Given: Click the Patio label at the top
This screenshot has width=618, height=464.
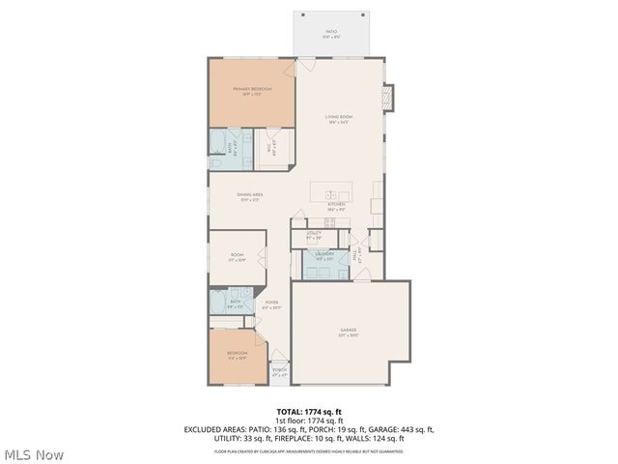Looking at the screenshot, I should [331, 35].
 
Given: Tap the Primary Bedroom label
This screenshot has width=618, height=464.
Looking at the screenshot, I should [251, 91].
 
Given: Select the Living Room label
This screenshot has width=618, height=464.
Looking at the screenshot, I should [337, 120].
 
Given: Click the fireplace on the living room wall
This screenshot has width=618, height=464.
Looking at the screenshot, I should [388, 98].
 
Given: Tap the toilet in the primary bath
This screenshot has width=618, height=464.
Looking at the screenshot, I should [217, 165].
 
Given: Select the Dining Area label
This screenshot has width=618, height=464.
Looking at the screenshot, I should [250, 196].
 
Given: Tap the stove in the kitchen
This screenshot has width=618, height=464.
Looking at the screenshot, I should [328, 222].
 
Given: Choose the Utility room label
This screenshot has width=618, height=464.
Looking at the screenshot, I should [314, 235].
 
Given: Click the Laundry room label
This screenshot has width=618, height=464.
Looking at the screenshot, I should [323, 255].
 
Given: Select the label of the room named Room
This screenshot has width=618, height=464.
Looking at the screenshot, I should [237, 258].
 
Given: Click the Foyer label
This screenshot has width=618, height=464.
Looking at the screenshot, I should [272, 304].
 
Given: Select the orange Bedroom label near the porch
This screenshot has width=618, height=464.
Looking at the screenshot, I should [237, 355].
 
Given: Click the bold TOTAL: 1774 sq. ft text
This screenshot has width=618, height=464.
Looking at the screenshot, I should [309, 411].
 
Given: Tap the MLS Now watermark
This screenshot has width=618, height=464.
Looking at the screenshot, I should [34, 453].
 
